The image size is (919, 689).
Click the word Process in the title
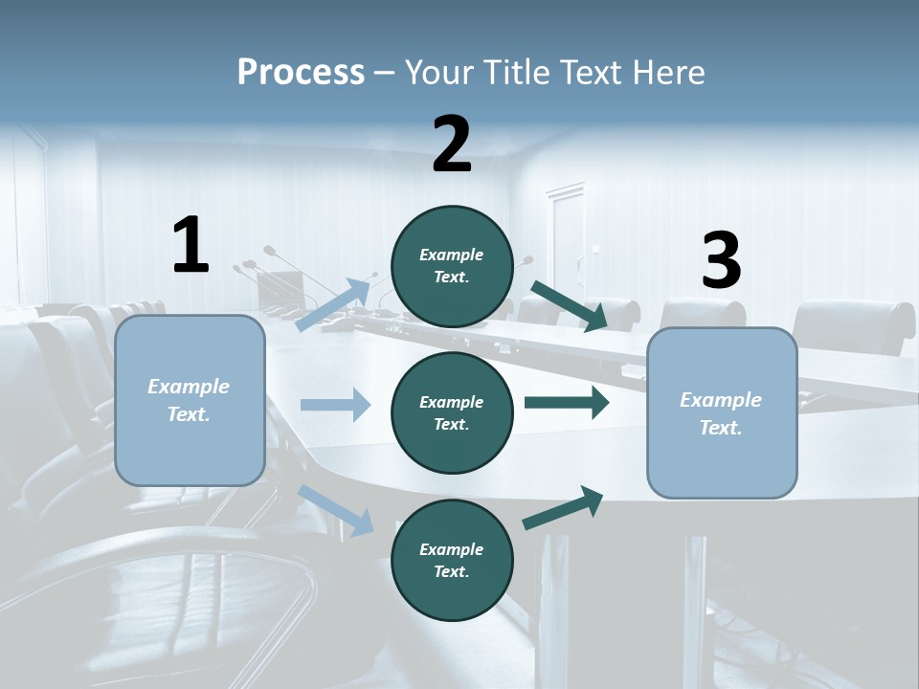tap(301, 73)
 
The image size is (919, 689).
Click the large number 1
tap(191, 246)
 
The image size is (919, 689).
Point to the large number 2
tap(452, 144)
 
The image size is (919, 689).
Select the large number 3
tap(721, 261)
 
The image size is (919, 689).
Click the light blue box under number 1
tap(190, 400)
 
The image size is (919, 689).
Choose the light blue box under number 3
tap(722, 413)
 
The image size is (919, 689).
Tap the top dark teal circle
tap(452, 266)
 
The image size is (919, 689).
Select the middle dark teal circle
tap(452, 412)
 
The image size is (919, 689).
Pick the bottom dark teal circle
tap(452, 560)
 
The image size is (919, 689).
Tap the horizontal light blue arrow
tap(335, 405)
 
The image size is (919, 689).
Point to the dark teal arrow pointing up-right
tap(564, 507)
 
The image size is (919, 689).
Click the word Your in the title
tap(437, 73)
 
